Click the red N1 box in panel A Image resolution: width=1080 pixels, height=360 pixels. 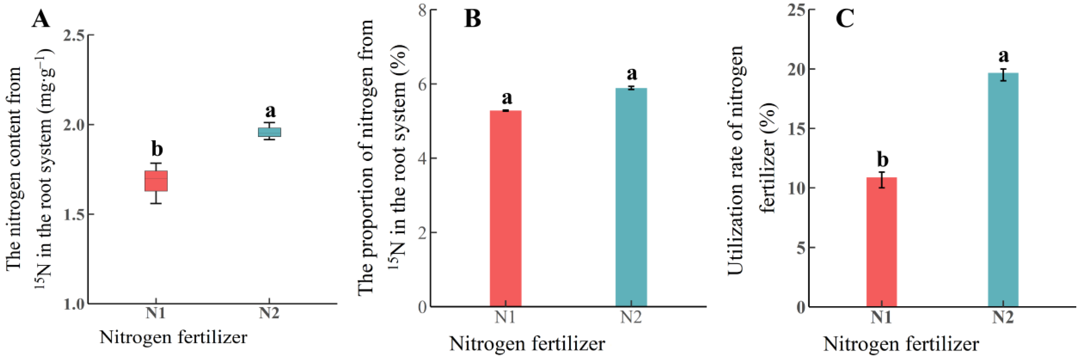156,181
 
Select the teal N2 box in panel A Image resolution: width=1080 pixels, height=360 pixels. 269,132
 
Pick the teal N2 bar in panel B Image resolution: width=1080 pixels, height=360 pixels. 631,197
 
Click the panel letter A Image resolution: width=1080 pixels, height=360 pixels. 41,19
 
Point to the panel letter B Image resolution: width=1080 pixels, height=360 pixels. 472,19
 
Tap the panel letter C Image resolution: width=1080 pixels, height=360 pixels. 844,19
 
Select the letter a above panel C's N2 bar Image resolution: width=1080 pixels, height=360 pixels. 1003,56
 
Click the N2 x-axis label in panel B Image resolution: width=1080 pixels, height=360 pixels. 631,317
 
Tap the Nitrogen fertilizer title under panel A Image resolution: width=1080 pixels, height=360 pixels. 173,337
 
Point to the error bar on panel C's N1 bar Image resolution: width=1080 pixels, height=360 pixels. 882,180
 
